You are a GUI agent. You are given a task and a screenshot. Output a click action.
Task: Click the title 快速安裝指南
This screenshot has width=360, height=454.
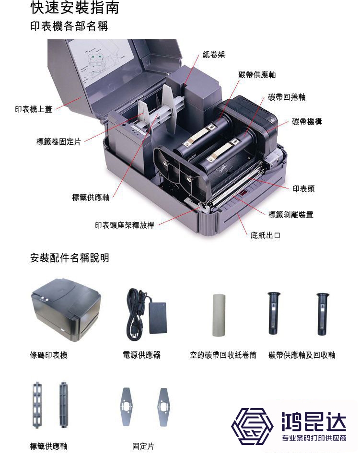click(x=75, y=8)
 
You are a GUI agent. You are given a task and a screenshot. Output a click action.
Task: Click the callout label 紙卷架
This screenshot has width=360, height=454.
click(x=214, y=55)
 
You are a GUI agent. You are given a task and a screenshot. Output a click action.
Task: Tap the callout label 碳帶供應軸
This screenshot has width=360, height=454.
click(x=257, y=75)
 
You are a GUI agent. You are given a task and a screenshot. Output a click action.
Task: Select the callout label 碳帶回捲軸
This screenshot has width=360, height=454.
click(x=287, y=97)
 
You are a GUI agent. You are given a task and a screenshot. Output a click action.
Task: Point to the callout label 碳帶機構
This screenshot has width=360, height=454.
click(x=307, y=122)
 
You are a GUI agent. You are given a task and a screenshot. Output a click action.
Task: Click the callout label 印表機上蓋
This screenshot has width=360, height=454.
click(x=34, y=109)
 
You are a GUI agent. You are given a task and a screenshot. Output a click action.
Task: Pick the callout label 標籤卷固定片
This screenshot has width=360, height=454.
click(x=59, y=141)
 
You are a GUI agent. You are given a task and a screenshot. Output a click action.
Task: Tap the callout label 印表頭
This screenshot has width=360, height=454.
click(x=303, y=189)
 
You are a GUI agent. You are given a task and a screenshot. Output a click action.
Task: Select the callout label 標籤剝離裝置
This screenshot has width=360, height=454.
click(x=291, y=215)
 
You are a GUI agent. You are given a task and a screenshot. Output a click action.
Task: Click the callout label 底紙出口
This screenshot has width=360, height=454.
click(x=265, y=235)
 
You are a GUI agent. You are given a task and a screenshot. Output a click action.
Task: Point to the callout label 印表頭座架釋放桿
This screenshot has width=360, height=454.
click(x=125, y=225)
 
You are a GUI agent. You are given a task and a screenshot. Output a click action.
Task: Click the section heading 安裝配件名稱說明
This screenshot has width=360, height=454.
click(x=70, y=258)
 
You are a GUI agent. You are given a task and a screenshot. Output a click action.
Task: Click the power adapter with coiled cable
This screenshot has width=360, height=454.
click(x=147, y=314)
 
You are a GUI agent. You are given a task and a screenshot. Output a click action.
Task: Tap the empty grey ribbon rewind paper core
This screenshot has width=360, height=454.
click(x=219, y=315)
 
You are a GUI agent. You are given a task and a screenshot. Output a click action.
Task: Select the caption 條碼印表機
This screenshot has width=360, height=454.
click(x=49, y=355)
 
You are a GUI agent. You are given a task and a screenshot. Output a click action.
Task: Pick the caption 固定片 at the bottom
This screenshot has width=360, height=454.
click(x=143, y=446)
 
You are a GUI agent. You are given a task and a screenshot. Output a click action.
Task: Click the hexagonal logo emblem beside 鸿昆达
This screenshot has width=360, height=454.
click(x=252, y=426)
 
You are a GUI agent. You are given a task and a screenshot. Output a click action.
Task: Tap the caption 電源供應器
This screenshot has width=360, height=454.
click(x=141, y=355)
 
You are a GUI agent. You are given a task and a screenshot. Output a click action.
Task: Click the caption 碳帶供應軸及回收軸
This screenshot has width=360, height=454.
click(x=302, y=355)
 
